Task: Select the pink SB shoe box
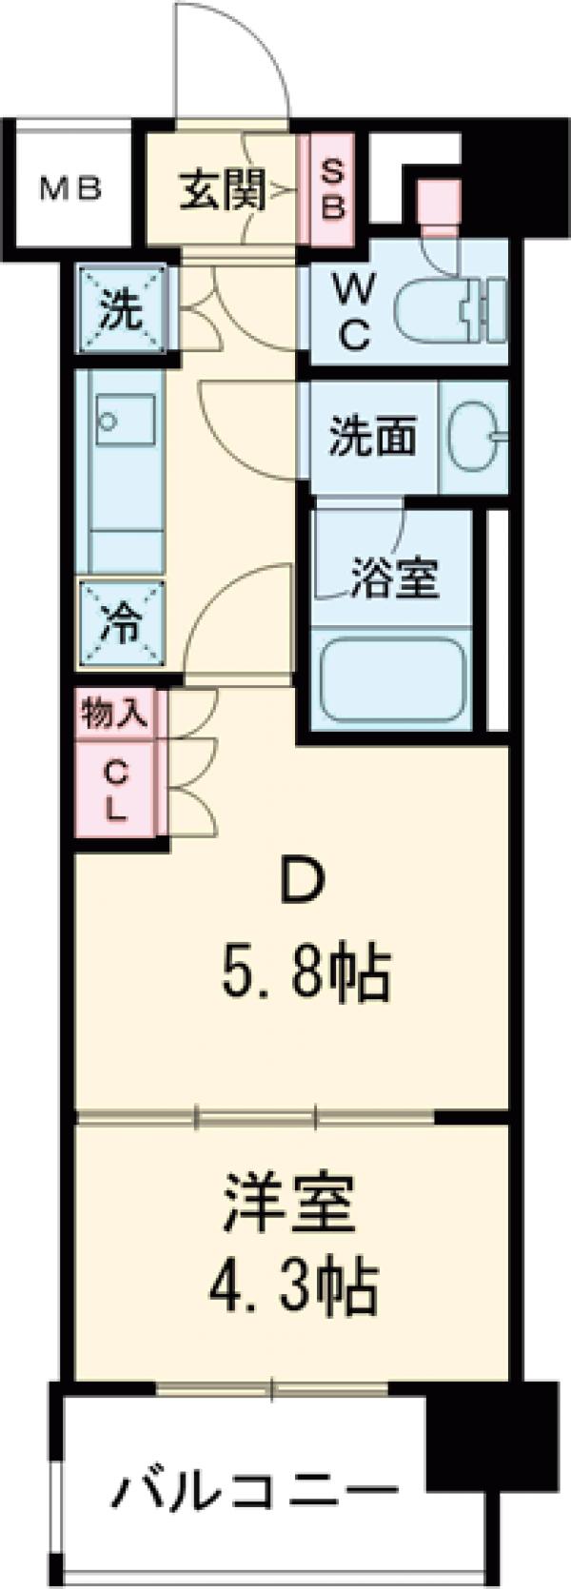coord(329,189)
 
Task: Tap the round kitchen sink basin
coord(108,420)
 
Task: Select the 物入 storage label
coord(115,714)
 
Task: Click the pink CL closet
coord(115,792)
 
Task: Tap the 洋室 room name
coord(290,1203)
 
